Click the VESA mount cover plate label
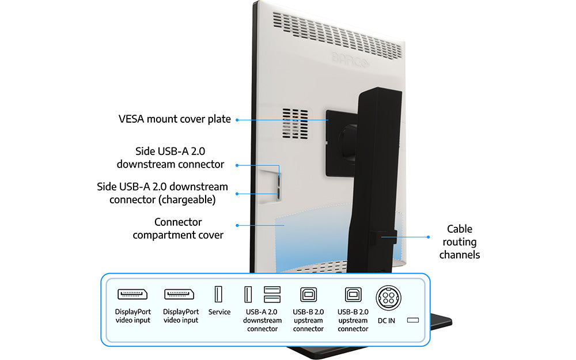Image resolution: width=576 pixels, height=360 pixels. (x=175, y=119)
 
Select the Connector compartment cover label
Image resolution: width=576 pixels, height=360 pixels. (x=178, y=228)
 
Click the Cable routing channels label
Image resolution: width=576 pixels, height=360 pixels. (x=459, y=241)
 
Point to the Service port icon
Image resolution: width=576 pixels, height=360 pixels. (x=219, y=294)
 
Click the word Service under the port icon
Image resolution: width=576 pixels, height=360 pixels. (x=219, y=312)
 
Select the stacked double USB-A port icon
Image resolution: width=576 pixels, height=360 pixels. (x=272, y=294)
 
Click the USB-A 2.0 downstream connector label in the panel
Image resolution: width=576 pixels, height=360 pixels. (x=263, y=320)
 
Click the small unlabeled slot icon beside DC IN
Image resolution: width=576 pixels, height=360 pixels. (x=412, y=320)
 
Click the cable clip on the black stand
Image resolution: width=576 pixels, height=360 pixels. (x=382, y=236)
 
